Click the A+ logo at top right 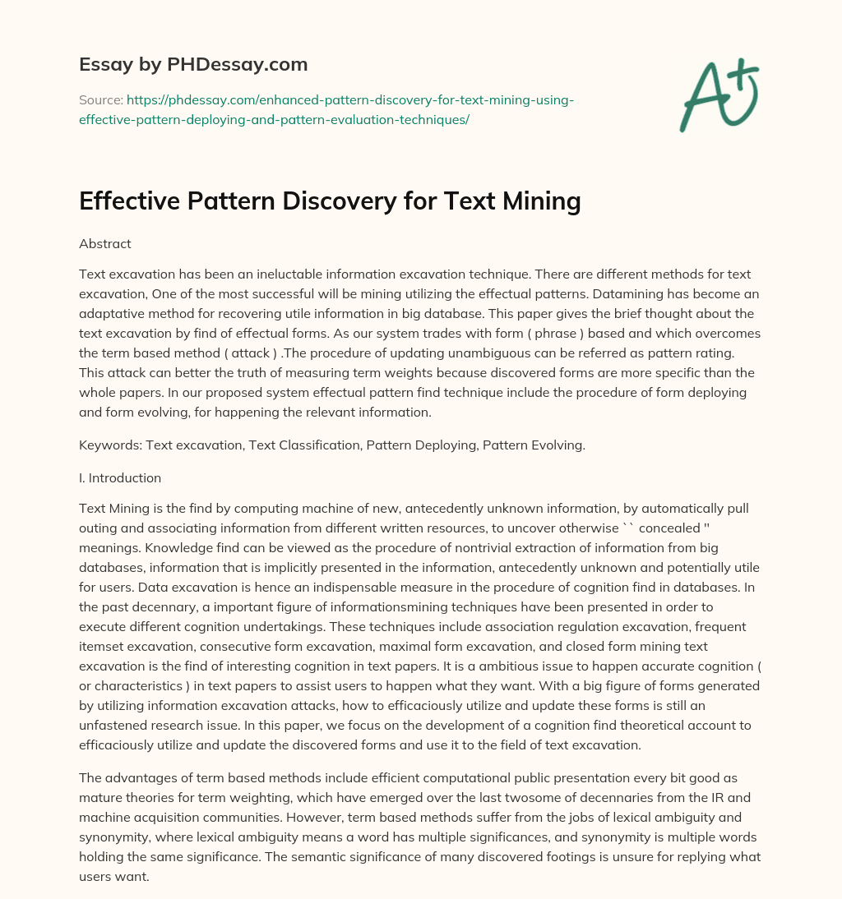click(x=718, y=94)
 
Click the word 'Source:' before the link click(x=99, y=100)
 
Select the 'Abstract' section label click(x=105, y=243)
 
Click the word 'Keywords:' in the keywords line click(x=108, y=445)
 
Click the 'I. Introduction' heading click(x=120, y=477)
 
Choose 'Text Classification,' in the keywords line click(x=303, y=445)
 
